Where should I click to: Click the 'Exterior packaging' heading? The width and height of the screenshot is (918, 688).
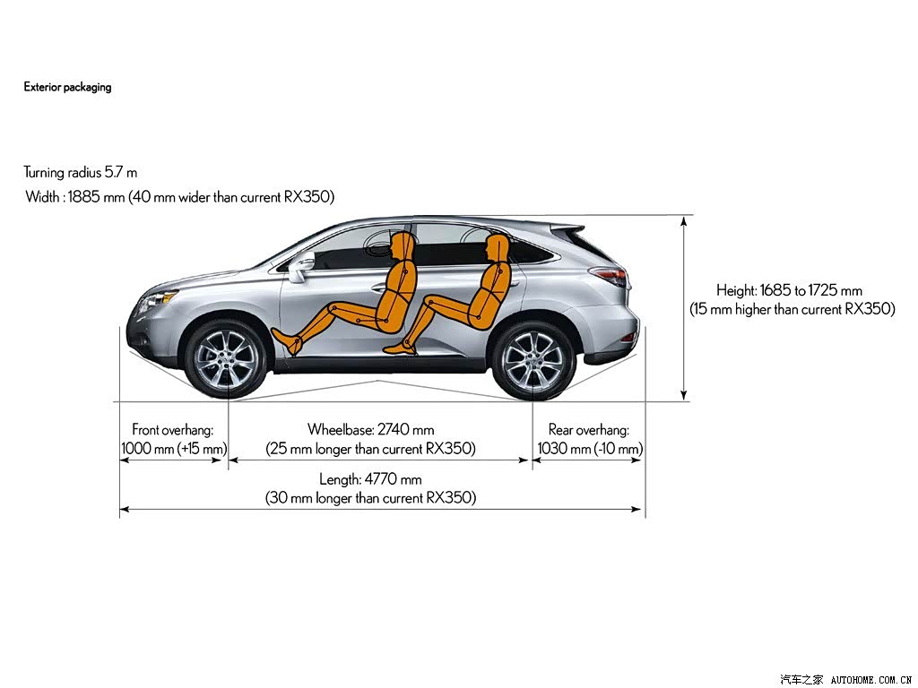(67, 87)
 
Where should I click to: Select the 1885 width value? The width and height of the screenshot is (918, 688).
(84, 196)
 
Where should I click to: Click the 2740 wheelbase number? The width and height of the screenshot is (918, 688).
(394, 430)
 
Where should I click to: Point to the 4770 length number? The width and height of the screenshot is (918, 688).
(380, 480)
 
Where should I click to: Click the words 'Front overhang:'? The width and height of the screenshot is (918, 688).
(173, 430)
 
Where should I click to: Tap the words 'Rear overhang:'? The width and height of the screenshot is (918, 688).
(589, 430)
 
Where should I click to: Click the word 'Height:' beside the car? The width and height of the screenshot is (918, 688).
(737, 291)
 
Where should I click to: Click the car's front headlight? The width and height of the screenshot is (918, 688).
(155, 300)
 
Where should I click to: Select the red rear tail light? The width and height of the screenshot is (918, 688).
(609, 275)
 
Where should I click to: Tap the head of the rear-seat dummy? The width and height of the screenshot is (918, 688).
(495, 247)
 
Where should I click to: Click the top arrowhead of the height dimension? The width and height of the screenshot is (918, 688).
(683, 222)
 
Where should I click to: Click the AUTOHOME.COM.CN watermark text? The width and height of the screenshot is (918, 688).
(871, 680)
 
